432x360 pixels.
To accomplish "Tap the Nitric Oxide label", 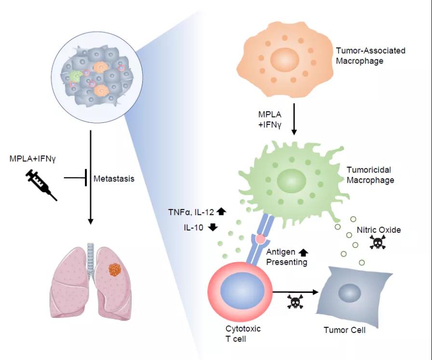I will point(378,230).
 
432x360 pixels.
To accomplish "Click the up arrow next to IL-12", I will point(222,211).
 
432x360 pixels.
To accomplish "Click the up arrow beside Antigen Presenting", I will point(303,252).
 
